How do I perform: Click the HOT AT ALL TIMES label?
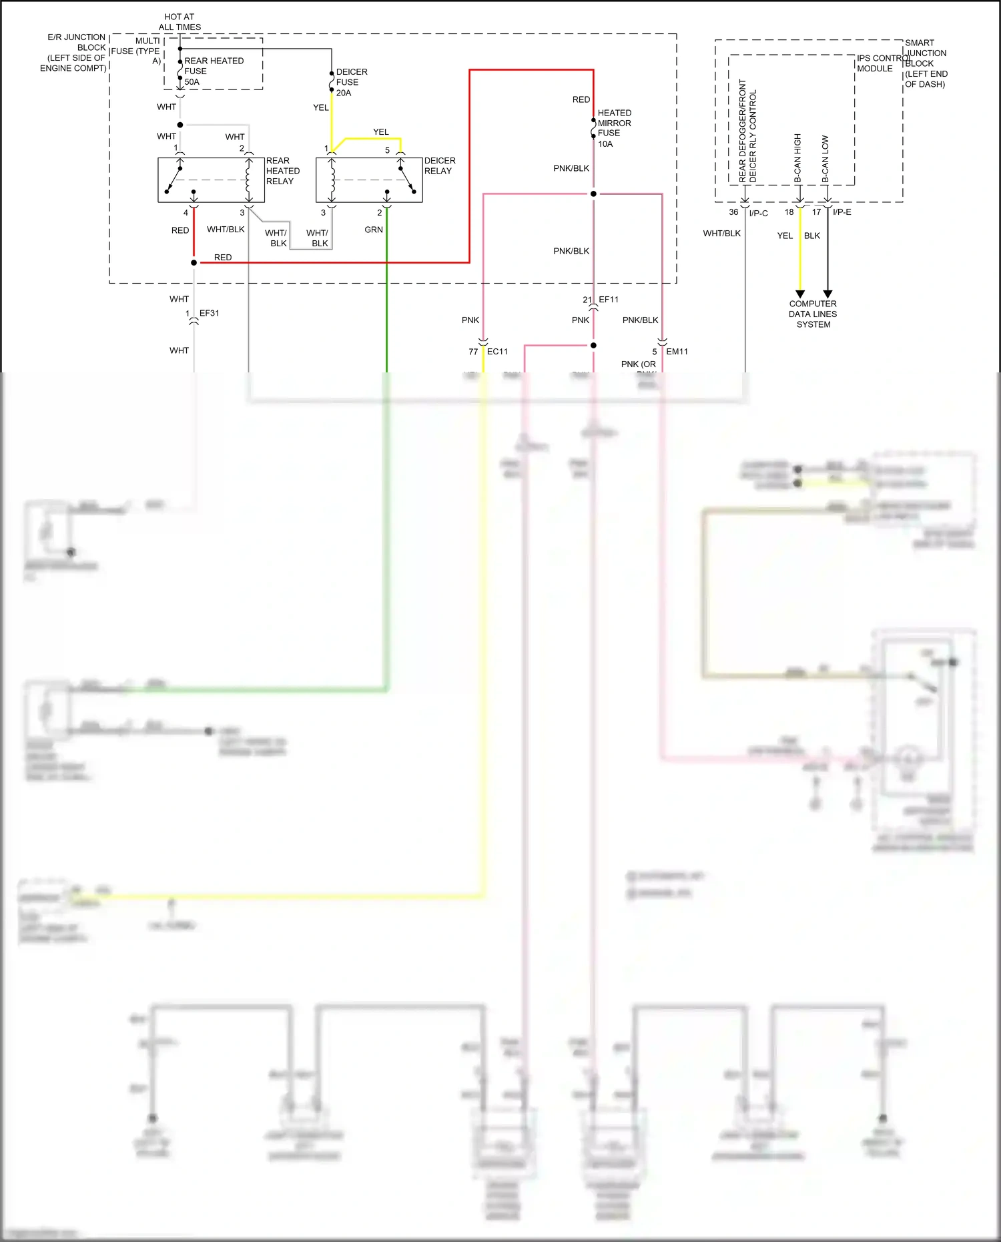pyautogui.click(x=180, y=22)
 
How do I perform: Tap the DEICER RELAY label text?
pyautogui.click(x=440, y=166)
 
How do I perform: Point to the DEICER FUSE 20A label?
pyautogui.click(x=351, y=82)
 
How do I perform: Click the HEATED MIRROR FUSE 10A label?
pyautogui.click(x=614, y=128)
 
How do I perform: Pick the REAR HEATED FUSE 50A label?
pyautogui.click(x=213, y=71)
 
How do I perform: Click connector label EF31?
pyautogui.click(x=209, y=313)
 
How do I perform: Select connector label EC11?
pyautogui.click(x=497, y=352)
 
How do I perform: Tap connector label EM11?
pyautogui.click(x=677, y=352)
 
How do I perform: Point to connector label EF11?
pyautogui.click(x=609, y=300)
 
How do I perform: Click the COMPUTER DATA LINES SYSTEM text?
pyautogui.click(x=813, y=314)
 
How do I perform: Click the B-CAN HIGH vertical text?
pyautogui.click(x=797, y=158)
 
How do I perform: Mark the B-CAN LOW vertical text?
pyautogui.click(x=825, y=160)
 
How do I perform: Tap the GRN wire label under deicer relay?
pyautogui.click(x=374, y=230)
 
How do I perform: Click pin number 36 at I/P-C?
pyautogui.click(x=733, y=212)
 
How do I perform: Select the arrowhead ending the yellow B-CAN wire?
pyautogui.click(x=800, y=294)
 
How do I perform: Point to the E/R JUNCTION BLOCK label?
pyautogui.click(x=73, y=53)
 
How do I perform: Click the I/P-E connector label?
pyautogui.click(x=842, y=212)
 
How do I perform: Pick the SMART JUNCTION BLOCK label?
pyautogui.click(x=926, y=63)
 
